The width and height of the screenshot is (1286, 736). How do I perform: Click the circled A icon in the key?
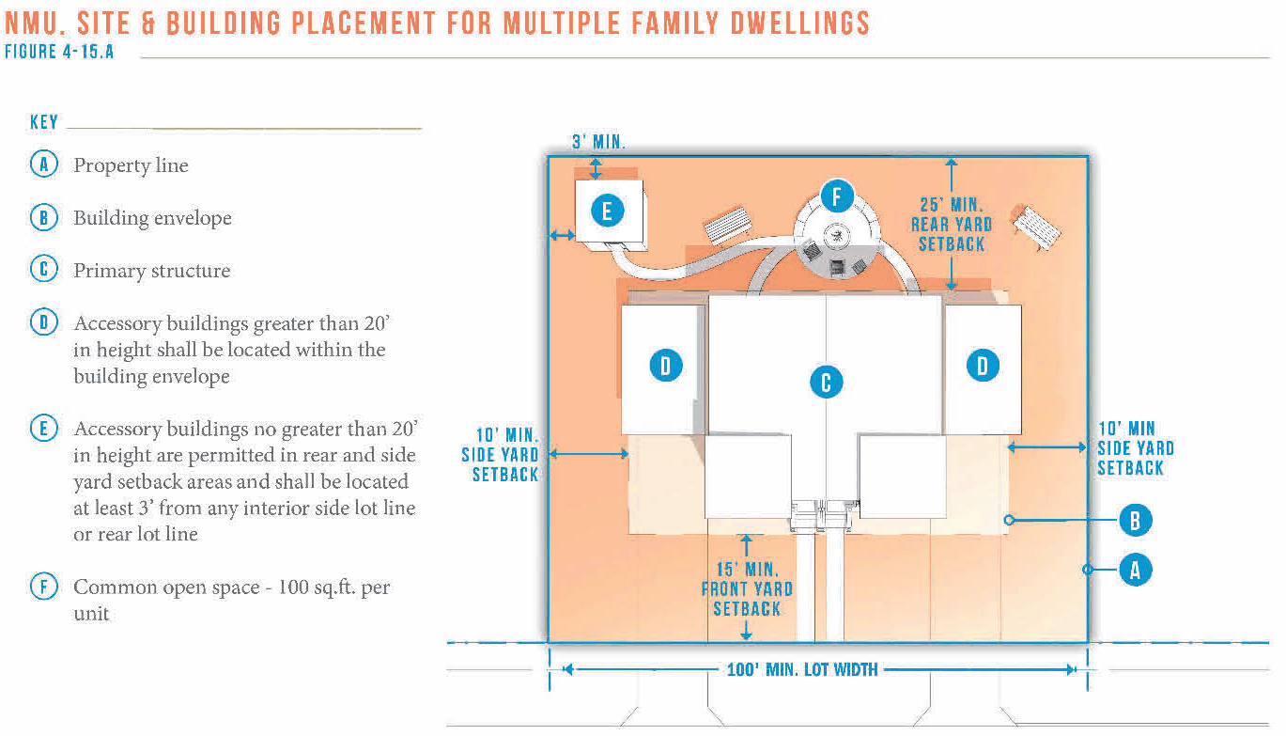43,164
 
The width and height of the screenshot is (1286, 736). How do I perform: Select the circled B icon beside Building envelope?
43,217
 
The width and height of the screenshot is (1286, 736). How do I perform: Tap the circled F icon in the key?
43,587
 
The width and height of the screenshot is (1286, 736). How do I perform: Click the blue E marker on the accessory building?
608,211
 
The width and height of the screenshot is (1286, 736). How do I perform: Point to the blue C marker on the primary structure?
826,382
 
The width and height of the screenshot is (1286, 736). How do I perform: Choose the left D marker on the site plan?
666,366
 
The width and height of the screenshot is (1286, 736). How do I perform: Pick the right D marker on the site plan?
983,366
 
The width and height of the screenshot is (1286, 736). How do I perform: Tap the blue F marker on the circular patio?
836,196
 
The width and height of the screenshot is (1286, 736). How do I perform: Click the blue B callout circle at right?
1135,520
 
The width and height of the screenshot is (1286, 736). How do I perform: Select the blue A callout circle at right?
1135,570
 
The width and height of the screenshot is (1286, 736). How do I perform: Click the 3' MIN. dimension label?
598,142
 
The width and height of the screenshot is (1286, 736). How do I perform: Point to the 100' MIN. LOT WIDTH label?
802,670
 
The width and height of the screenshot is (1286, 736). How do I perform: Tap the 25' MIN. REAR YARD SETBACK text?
952,225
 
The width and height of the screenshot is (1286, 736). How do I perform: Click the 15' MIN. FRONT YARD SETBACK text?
747,589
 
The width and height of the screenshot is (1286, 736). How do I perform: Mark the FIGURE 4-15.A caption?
59,52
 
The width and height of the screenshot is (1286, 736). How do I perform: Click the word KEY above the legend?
44,122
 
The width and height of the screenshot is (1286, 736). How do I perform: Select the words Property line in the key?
131,165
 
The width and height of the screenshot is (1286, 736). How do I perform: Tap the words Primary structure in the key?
152,271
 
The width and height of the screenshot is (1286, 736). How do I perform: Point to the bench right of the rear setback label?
1036,227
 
